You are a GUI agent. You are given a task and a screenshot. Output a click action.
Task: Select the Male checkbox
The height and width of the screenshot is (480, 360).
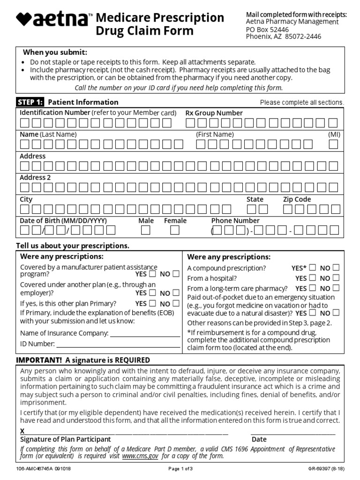pos(146,230)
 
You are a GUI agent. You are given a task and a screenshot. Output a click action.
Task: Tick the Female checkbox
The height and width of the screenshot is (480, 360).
pos(175,230)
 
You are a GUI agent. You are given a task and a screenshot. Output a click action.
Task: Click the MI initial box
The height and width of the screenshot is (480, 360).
pos(333,144)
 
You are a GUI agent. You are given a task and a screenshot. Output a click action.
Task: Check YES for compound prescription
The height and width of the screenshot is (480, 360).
pos(313,268)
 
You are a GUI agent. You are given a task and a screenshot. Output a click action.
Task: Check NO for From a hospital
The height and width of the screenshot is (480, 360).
pos(336,278)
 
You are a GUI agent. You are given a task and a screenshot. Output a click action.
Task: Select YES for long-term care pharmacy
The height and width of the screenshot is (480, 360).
pos(313,288)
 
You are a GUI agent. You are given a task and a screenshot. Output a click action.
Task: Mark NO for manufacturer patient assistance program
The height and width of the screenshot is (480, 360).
pos(176,274)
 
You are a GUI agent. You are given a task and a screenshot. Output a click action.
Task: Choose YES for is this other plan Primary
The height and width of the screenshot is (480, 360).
pos(152,303)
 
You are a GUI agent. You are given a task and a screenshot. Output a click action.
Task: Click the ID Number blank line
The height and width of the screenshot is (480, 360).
pos(118,345)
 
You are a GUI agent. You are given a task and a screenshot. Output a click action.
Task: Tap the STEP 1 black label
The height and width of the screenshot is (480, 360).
pos(30,102)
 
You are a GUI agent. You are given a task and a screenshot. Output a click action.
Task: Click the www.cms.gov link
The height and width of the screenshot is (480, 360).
pos(140,456)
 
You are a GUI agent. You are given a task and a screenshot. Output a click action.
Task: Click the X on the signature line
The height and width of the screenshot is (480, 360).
pos(22,431)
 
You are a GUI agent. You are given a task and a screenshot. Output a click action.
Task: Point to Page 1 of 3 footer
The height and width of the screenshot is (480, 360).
pos(180,469)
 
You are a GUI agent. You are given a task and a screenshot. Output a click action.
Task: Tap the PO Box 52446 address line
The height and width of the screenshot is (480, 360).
pos(268,29)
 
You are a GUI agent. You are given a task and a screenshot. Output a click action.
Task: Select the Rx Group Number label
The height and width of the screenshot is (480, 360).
pos(214,113)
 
